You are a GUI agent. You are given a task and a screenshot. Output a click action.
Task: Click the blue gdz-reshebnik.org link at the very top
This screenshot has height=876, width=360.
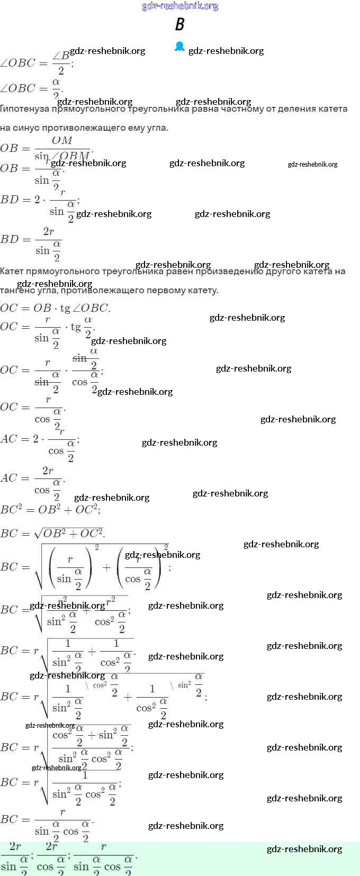[x=180, y=6]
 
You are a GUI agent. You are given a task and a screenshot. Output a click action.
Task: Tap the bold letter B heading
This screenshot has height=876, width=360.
[x=180, y=24]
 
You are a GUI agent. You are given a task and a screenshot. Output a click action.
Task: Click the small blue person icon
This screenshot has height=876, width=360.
[x=179, y=47]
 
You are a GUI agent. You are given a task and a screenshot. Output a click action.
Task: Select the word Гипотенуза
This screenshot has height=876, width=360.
[x=24, y=109]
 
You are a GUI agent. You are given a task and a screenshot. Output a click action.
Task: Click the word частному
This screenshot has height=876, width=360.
[x=244, y=109]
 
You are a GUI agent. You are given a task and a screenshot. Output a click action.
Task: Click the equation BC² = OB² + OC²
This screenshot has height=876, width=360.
[x=50, y=510]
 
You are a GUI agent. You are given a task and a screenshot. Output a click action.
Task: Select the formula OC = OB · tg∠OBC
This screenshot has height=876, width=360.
[x=55, y=308]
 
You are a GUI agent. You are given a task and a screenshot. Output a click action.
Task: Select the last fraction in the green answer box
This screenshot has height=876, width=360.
[x=103, y=857]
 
